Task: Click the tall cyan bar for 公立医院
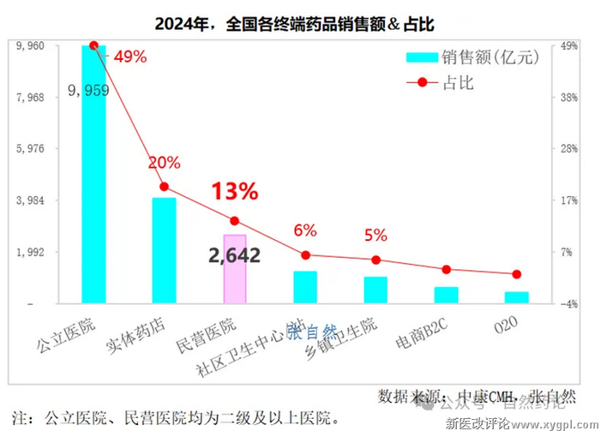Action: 93,176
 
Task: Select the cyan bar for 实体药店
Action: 164,250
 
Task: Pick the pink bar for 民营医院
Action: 235,268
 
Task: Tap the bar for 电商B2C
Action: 446,295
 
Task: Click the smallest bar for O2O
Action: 516,297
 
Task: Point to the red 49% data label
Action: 129,57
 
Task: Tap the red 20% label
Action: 164,163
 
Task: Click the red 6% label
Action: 305,230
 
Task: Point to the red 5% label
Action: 376,235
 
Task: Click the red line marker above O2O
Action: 516,274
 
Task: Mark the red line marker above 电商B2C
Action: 446,269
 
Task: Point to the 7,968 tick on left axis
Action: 30,98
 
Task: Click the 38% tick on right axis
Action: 571,98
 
